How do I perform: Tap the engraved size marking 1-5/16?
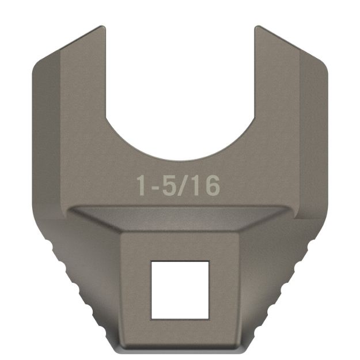(178, 185)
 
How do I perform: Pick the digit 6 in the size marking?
(211, 185)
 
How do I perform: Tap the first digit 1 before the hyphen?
(142, 185)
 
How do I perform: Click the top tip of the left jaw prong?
(103, 28)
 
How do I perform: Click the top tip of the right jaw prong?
(257, 28)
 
